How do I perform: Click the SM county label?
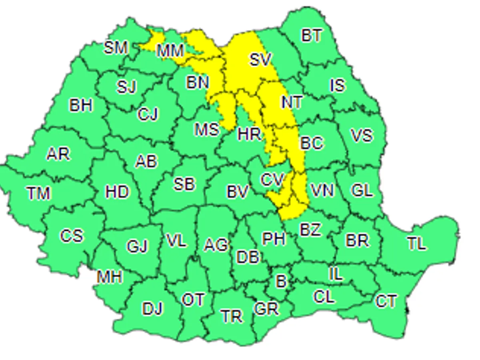[x=116, y=48]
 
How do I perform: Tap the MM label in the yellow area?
[x=170, y=51]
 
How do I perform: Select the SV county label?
[x=260, y=60]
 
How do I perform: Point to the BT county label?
[x=312, y=36]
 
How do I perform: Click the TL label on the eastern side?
[x=416, y=243]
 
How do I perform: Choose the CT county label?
[x=386, y=301]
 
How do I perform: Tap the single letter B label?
[x=281, y=281]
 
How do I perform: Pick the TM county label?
[x=39, y=194]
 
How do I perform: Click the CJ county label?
[x=148, y=114]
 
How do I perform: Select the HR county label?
[x=249, y=134]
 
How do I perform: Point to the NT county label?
[x=292, y=102]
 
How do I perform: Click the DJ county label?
[x=152, y=308]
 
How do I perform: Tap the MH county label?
[x=109, y=277]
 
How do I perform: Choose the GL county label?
[x=362, y=190]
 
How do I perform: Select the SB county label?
[x=184, y=184]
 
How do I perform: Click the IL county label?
[x=336, y=274]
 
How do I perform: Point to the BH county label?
[x=81, y=105]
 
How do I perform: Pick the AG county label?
[x=216, y=245]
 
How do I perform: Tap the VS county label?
[x=362, y=135]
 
